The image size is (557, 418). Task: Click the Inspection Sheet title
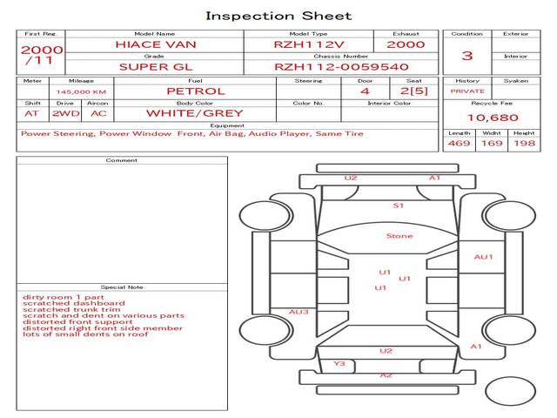(x=278, y=16)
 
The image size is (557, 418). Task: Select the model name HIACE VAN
(x=154, y=44)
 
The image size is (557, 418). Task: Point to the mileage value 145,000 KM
(x=81, y=91)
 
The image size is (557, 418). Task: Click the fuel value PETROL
(x=196, y=91)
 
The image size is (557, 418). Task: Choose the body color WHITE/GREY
(x=194, y=113)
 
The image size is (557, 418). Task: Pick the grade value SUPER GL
(x=154, y=66)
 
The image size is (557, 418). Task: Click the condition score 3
(x=467, y=56)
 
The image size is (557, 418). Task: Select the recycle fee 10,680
(x=493, y=118)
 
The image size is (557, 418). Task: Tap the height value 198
(x=524, y=143)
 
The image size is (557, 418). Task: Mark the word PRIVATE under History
(x=467, y=91)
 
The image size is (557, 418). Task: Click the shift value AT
(x=31, y=113)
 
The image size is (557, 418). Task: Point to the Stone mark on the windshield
(x=399, y=236)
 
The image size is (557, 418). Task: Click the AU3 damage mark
(x=299, y=312)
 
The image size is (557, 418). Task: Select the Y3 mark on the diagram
(x=339, y=363)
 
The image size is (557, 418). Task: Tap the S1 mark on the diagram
(x=399, y=206)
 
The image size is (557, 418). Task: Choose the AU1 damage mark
(x=483, y=257)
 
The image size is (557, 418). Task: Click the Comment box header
(x=122, y=160)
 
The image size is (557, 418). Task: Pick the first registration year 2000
(x=42, y=50)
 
